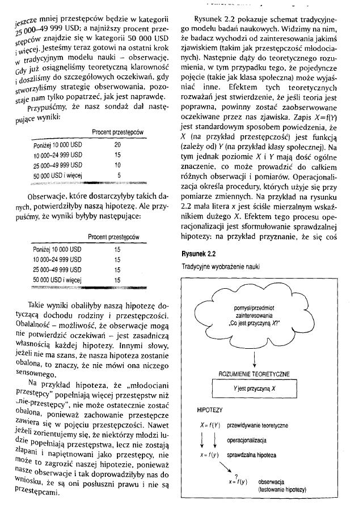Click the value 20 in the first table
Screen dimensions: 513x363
point(117,144)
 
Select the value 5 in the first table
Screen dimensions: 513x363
point(118,175)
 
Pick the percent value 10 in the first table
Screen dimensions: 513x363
point(117,165)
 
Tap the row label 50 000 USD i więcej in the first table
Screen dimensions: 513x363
point(58,175)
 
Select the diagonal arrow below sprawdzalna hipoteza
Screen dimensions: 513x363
point(222,467)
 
